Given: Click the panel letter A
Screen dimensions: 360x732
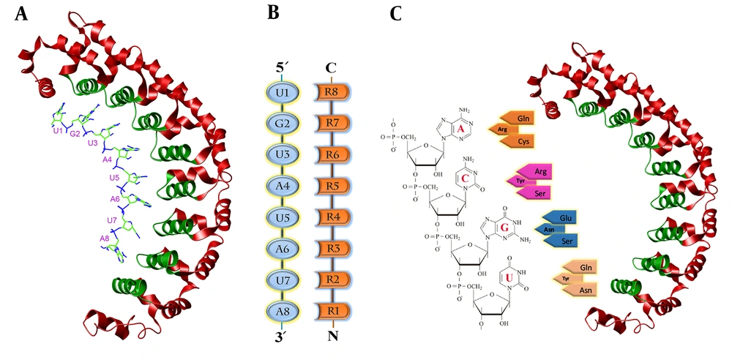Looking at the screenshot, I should [21, 14].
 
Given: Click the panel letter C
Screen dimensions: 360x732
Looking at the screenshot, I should [395, 14].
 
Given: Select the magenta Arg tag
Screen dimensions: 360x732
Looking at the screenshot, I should [541, 171].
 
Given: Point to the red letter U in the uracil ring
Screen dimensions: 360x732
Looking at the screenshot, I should [509, 278].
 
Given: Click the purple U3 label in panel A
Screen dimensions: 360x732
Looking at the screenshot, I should [91, 143].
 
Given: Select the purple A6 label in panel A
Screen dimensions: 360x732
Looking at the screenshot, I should [115, 199].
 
